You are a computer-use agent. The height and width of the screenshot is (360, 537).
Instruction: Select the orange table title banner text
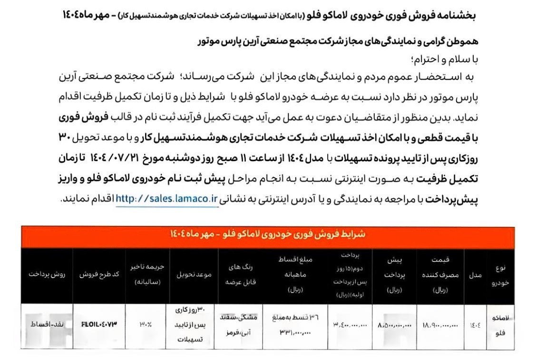tap(268, 234)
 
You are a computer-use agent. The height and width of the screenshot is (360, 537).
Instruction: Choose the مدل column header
tap(478, 276)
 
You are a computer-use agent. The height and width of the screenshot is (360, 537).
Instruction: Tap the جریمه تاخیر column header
tap(145, 276)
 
